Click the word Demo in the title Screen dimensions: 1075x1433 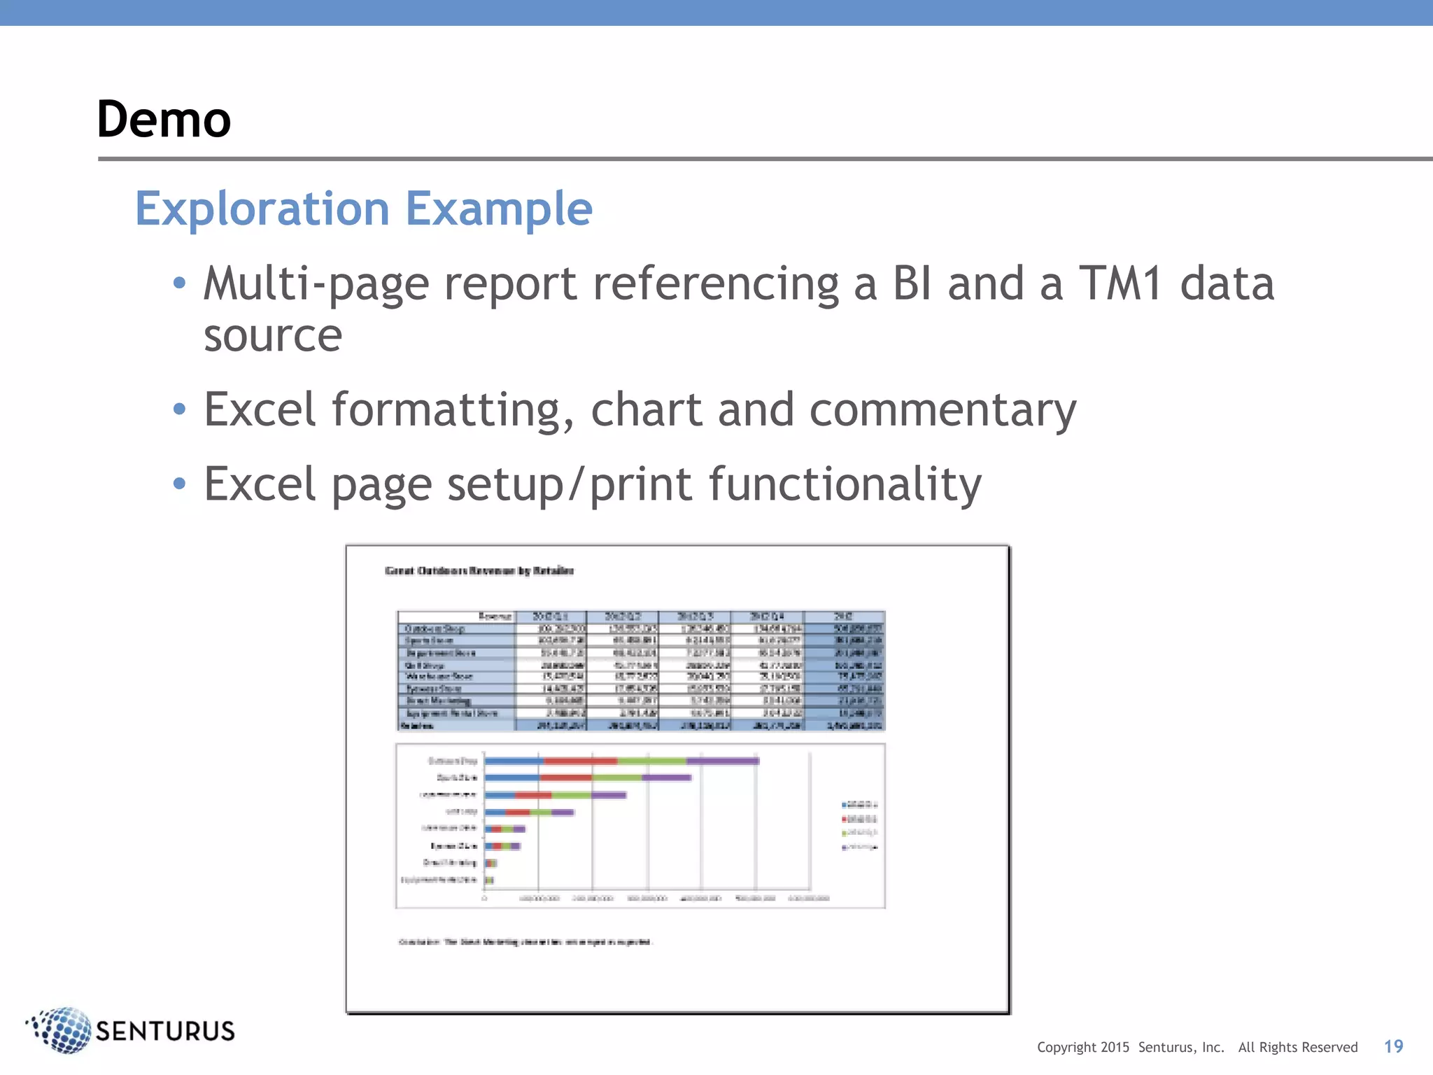164,119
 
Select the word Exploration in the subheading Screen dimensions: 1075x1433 262,209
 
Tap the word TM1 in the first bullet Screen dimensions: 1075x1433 1120,283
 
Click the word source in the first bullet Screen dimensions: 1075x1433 273,336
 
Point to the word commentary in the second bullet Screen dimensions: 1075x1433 943,409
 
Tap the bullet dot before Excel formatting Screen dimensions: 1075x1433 180,409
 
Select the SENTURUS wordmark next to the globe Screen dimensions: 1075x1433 165,1032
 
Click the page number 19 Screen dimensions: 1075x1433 1393,1046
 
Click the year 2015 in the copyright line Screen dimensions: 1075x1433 1115,1047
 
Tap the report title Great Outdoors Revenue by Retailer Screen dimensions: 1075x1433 479,571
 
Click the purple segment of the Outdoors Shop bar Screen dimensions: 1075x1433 722,761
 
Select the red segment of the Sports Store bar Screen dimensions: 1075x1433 565,778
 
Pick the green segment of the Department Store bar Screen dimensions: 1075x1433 571,795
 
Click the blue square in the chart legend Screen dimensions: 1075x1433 845,806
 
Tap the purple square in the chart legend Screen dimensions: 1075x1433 845,848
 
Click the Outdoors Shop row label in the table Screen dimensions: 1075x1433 435,628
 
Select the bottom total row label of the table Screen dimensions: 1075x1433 418,726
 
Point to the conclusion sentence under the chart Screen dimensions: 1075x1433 525,942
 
